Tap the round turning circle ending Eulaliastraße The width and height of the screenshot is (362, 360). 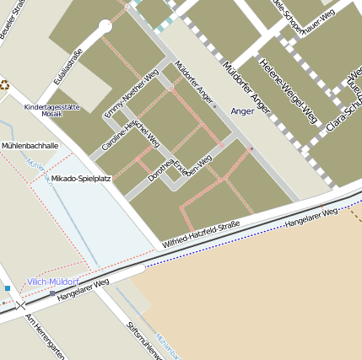105,27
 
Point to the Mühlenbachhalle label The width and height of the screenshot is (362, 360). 30,146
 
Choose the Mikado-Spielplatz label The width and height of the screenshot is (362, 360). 81,179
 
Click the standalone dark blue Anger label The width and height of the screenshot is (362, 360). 242,110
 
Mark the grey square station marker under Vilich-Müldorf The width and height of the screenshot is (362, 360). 52,293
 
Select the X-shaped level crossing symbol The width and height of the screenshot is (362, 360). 23,304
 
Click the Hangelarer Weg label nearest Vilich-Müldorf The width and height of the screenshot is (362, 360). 84,294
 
